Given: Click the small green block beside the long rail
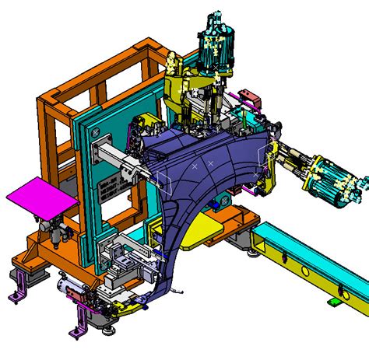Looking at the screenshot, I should click(333, 301).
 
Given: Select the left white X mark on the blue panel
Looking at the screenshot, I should click(195, 166).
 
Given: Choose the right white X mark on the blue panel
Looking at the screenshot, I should click(211, 163).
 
